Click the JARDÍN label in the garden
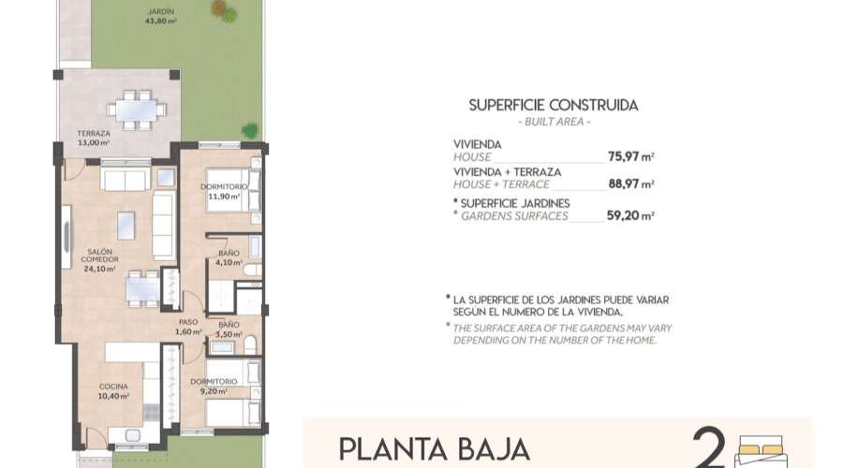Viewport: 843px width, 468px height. pyautogui.click(x=161, y=16)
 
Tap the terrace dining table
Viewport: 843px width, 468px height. pyautogui.click(x=137, y=110)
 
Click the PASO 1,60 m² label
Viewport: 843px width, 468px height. pyautogui.click(x=189, y=326)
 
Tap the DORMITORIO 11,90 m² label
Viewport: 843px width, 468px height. pyautogui.click(x=224, y=192)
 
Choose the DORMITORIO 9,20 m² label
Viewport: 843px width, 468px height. pyautogui.click(x=211, y=387)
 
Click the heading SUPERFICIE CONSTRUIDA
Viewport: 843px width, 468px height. pyautogui.click(x=554, y=106)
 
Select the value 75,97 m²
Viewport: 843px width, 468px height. pyautogui.click(x=630, y=156)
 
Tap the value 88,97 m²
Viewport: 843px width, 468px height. pyautogui.click(x=630, y=184)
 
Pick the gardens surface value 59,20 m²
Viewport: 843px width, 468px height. pyautogui.click(x=630, y=215)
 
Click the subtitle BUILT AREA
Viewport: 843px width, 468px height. pyautogui.click(x=554, y=123)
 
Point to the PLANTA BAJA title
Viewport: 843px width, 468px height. pyautogui.click(x=434, y=449)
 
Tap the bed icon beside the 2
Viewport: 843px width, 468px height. pyautogui.click(x=759, y=451)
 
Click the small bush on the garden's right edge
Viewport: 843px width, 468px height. pyautogui.click(x=250, y=130)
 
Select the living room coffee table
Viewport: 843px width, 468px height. pyautogui.click(x=126, y=226)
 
